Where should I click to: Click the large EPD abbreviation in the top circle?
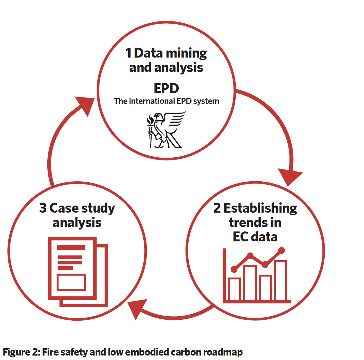(x=166, y=88)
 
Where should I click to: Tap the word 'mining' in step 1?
(x=186, y=54)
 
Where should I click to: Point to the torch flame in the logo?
(x=150, y=120)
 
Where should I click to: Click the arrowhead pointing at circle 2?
(x=289, y=177)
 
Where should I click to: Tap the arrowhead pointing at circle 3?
(x=137, y=309)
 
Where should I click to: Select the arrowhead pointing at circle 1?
(x=85, y=106)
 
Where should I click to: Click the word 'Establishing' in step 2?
(x=260, y=208)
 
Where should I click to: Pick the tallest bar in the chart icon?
(x=281, y=280)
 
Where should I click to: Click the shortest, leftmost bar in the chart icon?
(x=234, y=289)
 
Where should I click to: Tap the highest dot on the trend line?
(x=281, y=250)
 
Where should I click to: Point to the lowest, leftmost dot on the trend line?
(x=234, y=269)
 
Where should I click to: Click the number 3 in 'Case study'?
(x=43, y=208)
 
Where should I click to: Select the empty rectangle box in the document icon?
(x=71, y=282)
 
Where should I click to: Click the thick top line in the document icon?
(x=71, y=247)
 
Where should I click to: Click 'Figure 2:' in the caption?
(x=21, y=352)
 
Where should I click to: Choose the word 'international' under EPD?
(x=152, y=101)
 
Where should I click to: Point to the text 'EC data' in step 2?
(x=255, y=237)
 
